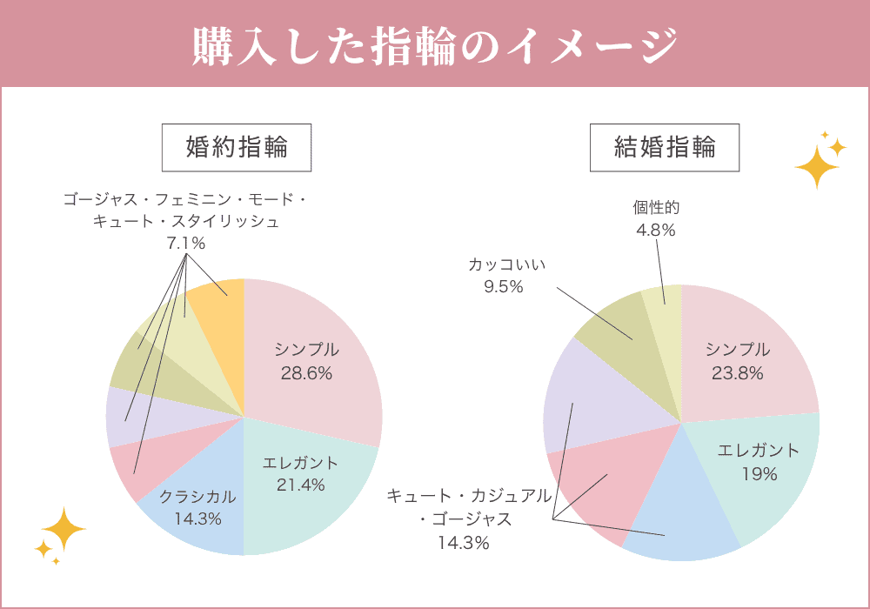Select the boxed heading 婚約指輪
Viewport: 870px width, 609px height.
237,147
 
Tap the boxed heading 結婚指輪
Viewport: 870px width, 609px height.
665,147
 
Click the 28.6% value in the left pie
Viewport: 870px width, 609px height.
306,373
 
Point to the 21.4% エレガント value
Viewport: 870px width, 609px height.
300,485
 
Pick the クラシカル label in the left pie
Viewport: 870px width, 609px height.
197,497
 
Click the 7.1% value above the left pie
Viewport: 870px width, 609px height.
185,244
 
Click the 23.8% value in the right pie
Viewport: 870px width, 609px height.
737,373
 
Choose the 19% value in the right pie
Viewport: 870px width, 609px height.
759,474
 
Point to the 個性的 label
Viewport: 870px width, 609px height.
655,208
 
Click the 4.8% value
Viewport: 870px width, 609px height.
655,231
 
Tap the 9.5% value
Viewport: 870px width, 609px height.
503,286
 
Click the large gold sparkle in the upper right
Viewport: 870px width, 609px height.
815,165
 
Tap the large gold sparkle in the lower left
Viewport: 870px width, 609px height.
64,528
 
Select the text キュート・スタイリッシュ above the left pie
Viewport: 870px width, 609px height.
186,222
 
